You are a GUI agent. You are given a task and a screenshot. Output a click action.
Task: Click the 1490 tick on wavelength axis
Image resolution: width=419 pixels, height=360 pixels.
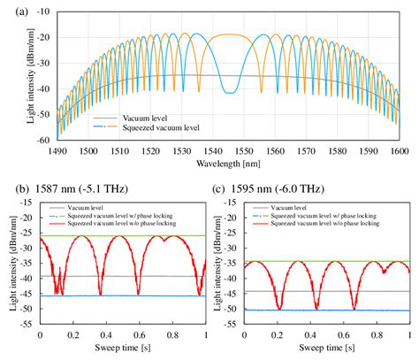click(x=56, y=150)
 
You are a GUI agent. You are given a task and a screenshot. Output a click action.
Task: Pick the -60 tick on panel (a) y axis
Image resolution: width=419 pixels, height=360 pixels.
click(x=37, y=140)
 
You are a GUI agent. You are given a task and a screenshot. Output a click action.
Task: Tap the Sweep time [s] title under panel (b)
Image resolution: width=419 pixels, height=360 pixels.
click(x=123, y=351)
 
